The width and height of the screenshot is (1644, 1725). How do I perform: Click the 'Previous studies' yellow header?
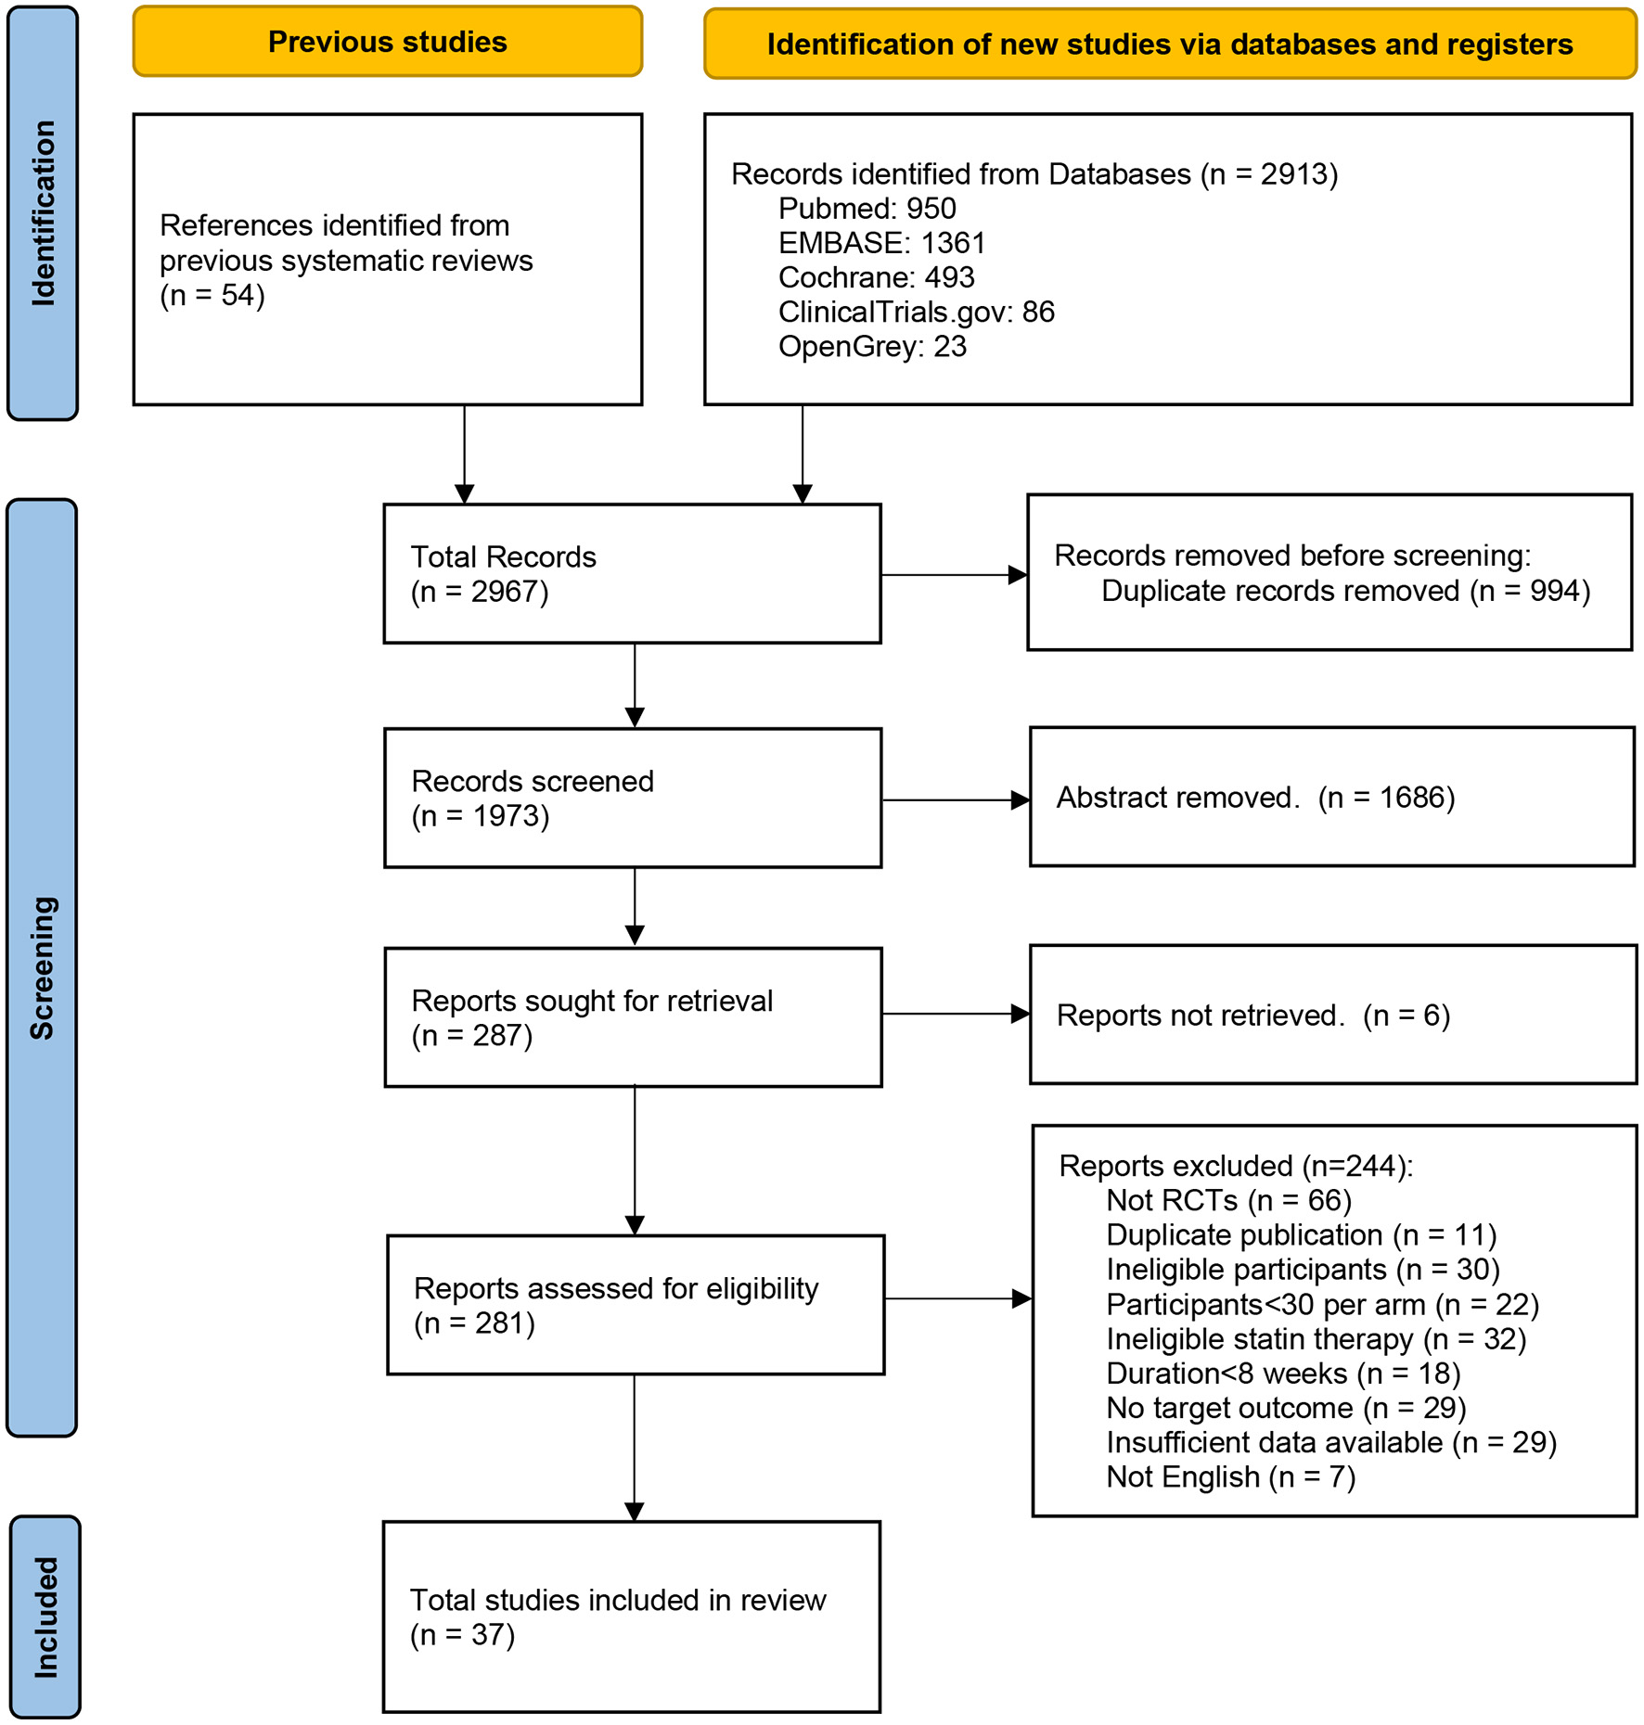(x=387, y=42)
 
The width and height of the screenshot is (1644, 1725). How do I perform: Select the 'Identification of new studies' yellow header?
(x=1169, y=44)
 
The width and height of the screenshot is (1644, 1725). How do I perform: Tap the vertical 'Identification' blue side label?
(x=43, y=212)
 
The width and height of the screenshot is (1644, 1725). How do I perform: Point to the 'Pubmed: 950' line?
(x=867, y=209)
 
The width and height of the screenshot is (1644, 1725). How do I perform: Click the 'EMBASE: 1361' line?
(x=881, y=243)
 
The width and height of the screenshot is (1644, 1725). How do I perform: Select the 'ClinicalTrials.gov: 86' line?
(x=916, y=312)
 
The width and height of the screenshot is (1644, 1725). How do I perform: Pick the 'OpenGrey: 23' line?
(x=872, y=347)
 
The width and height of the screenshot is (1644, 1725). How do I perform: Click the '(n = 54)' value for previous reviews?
(x=212, y=296)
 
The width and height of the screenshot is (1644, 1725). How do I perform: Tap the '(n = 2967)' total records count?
(x=480, y=592)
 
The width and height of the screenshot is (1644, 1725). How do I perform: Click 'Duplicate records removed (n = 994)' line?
(x=1345, y=591)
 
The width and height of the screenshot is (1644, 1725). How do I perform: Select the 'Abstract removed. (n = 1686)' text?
(x=1255, y=798)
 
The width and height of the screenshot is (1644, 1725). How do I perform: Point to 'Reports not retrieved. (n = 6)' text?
(x=1252, y=1016)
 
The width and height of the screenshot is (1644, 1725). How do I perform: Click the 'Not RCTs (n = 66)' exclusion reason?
(x=1228, y=1201)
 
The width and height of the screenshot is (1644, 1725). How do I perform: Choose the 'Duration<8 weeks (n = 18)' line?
(x=1283, y=1374)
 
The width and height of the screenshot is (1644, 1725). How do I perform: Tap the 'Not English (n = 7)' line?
(x=1230, y=1477)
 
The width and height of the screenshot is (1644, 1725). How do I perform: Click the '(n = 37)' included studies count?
(x=462, y=1634)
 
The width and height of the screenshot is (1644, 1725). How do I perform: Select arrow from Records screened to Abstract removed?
(x=955, y=799)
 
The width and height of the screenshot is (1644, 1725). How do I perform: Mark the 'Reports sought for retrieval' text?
(x=591, y=1002)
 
